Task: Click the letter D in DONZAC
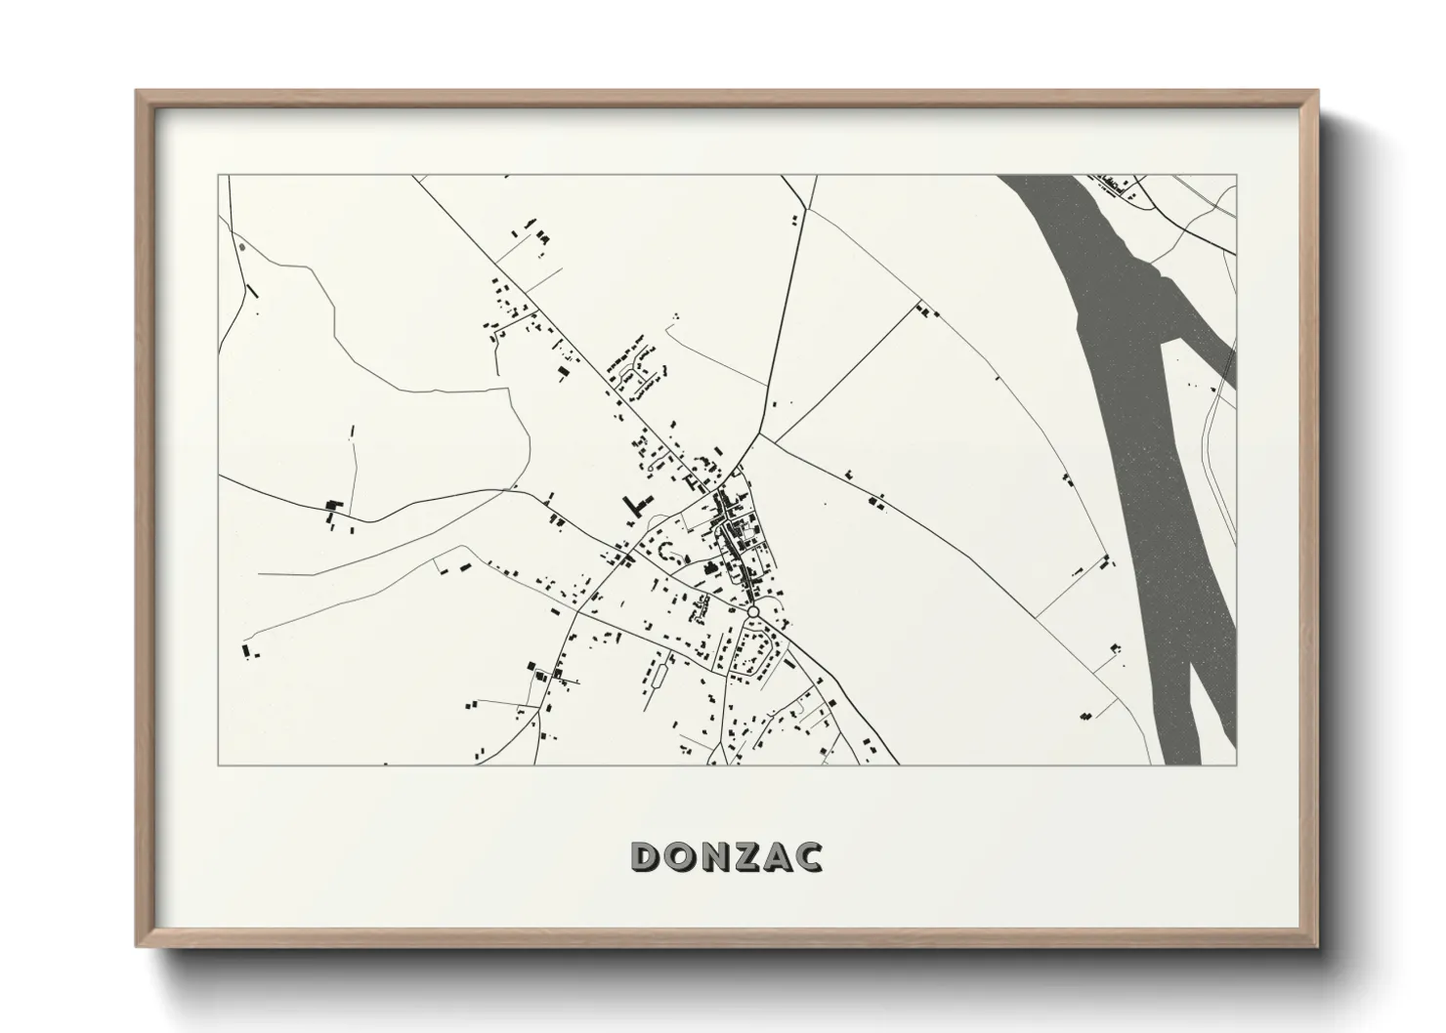tap(649, 857)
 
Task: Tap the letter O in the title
tap(684, 857)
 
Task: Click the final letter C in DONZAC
tap(810, 857)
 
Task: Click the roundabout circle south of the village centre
tap(753, 612)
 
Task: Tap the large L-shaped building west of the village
tap(636, 504)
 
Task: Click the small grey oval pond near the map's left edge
tap(241, 246)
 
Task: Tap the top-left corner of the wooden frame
tap(138, 92)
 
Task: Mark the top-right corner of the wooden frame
tap(1316, 92)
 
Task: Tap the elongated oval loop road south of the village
tap(657, 674)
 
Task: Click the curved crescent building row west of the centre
tap(669, 553)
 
